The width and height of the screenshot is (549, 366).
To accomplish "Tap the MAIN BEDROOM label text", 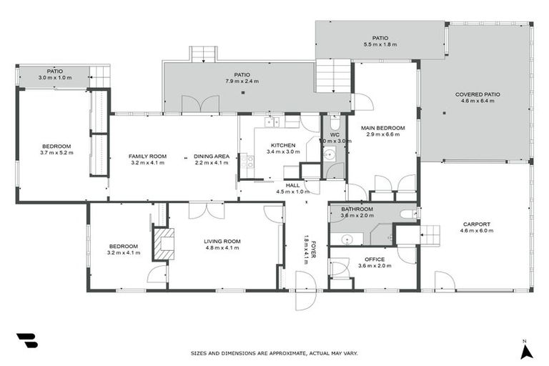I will [385, 128].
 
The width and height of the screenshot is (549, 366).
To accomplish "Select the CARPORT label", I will [475, 224].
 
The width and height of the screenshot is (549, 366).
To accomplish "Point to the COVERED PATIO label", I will [478, 94].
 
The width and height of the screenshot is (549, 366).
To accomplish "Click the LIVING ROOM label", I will [222, 241].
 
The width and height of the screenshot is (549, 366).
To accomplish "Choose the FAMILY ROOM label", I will [147, 156].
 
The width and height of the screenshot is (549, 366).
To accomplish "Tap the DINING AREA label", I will [212, 156].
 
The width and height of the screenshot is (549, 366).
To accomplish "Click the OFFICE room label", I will [375, 259].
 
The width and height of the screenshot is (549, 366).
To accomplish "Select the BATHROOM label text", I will [357, 209].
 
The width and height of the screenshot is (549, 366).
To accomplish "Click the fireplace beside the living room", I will [165, 243].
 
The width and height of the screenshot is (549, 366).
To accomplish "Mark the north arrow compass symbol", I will [525, 350].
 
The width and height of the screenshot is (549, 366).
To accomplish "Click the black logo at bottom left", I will [27, 340].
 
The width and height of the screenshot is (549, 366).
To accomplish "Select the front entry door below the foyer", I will [305, 300].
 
